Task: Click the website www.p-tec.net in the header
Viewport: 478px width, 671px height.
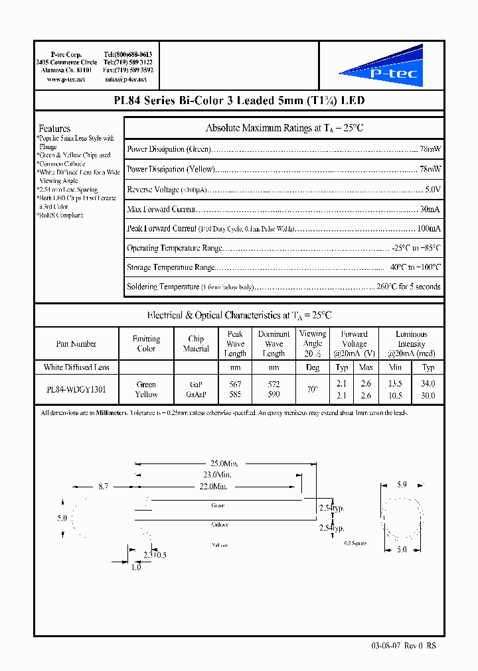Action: point(66,80)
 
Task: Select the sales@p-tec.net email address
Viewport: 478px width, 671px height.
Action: point(125,80)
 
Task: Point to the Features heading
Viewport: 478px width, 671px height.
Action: point(54,129)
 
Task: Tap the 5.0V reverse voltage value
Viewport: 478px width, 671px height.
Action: point(433,190)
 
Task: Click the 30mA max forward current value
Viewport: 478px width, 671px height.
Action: point(431,210)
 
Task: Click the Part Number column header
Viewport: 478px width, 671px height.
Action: point(76,344)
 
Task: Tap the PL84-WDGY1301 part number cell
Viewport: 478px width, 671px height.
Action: point(76,389)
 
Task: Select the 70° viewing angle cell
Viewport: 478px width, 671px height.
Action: point(312,389)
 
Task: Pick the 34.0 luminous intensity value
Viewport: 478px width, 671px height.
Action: point(428,384)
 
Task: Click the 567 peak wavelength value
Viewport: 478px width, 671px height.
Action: point(235,384)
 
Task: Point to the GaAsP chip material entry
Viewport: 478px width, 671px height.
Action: point(196,395)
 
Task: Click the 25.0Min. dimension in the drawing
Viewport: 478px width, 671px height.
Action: point(224,463)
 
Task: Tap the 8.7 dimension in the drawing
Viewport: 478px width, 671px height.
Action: point(103,487)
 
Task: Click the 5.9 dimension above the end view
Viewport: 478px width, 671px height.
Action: point(402,485)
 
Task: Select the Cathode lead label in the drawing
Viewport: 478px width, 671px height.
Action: point(220,524)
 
